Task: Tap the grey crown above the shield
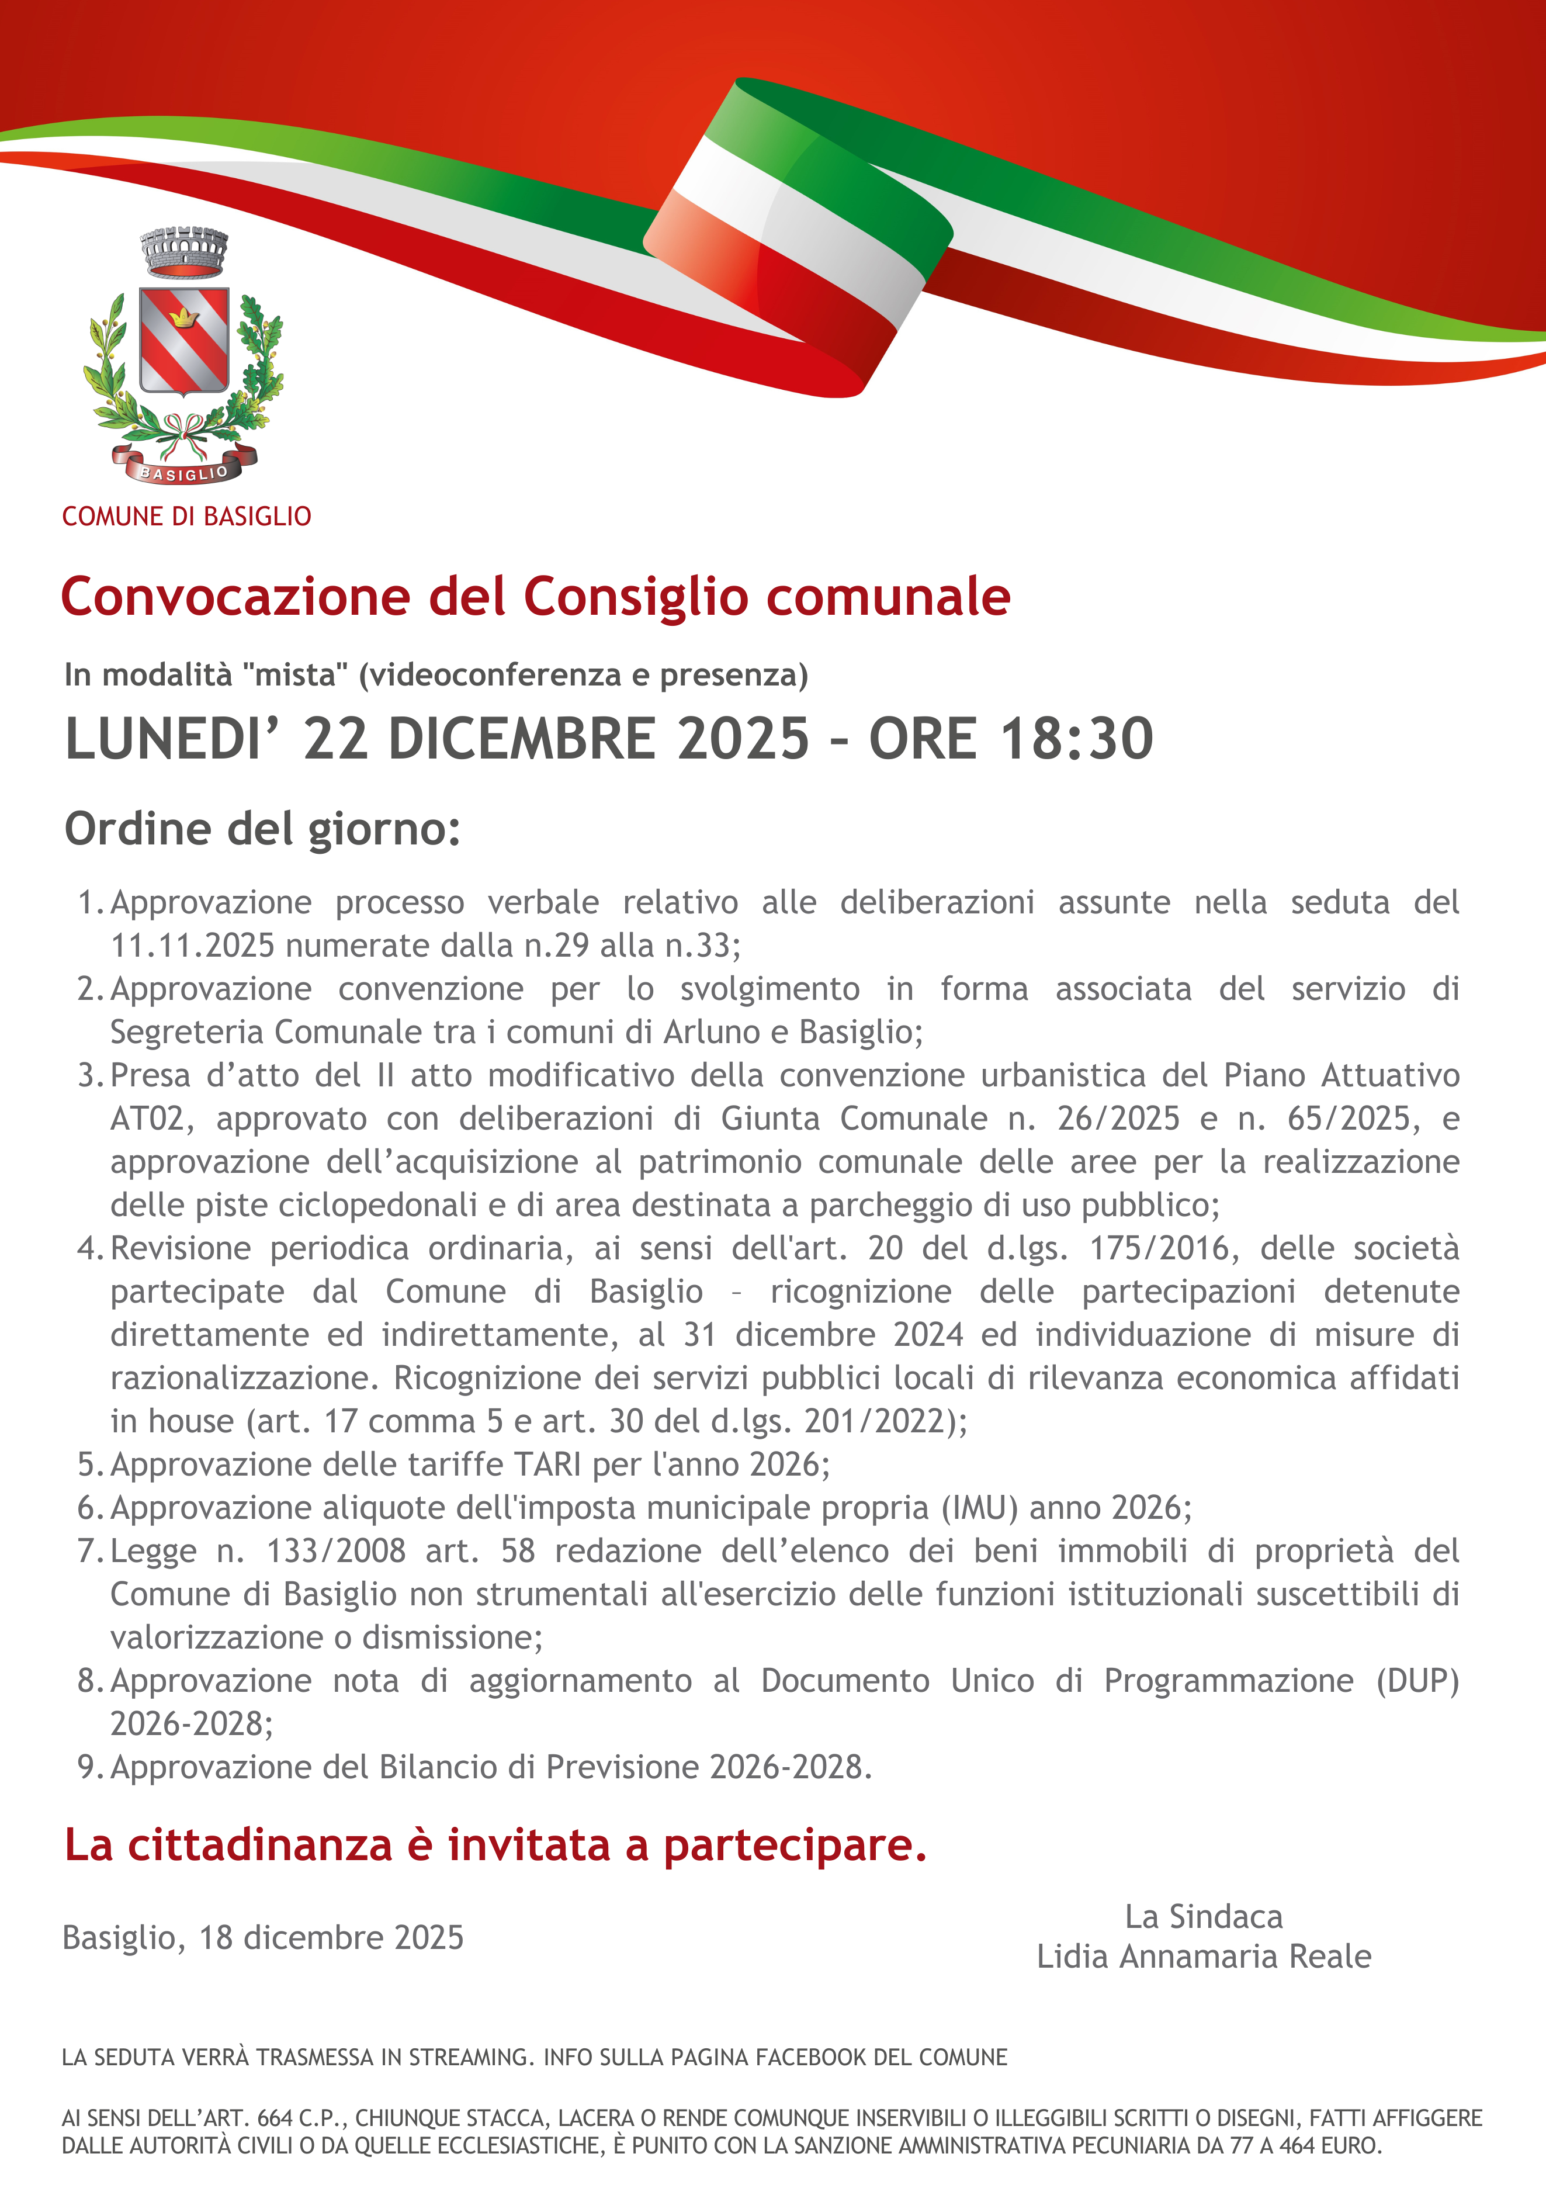pos(183,251)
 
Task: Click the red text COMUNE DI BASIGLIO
pos(186,517)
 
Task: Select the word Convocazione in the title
pos(235,597)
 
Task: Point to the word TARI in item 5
pos(549,1465)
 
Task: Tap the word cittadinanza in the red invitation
pos(260,1846)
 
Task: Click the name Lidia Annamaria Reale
pos(1204,1957)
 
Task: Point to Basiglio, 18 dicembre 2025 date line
pos(263,1938)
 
